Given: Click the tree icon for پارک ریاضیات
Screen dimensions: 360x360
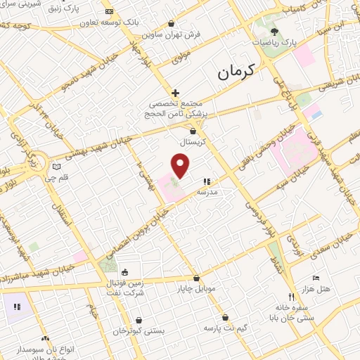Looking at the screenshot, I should coord(274,32).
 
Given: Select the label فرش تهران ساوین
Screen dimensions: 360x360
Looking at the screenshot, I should coord(171,34).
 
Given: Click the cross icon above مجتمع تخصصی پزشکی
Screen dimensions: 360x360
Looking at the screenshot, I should coord(175,93).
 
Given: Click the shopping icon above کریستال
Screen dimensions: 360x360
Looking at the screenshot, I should coord(193,130).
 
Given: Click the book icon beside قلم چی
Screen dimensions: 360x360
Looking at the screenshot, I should coord(56,167).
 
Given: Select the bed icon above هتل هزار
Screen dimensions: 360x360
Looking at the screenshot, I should coord(315,278).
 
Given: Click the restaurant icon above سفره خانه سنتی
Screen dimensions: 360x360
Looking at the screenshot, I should coord(291,296).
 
